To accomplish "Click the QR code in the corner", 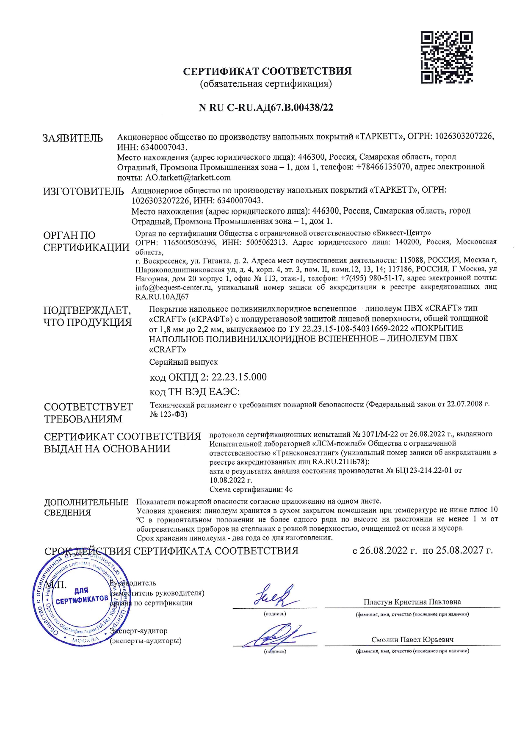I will tap(446, 57).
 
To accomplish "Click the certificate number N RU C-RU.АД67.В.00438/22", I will tap(266, 108).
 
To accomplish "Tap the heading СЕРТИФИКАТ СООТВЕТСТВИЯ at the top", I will tap(267, 71).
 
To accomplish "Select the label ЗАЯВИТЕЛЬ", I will tap(72, 138).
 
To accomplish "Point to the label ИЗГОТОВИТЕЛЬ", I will tap(83, 191).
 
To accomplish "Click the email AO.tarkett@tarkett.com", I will tap(188, 177).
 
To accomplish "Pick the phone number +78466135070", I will tap(383, 167).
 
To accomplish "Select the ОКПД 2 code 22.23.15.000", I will tap(239, 377).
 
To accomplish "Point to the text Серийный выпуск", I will tap(183, 362).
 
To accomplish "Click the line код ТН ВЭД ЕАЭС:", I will tap(194, 392).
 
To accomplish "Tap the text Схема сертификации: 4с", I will tap(251, 489).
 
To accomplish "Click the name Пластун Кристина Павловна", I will tap(412, 602).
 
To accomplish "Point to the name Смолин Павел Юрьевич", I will tap(412, 640).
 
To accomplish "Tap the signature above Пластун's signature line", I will tap(274, 596).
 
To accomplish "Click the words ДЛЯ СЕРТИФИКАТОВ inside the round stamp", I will tap(81, 596).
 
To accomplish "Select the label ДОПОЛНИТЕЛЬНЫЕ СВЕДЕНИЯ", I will tap(86, 507).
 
